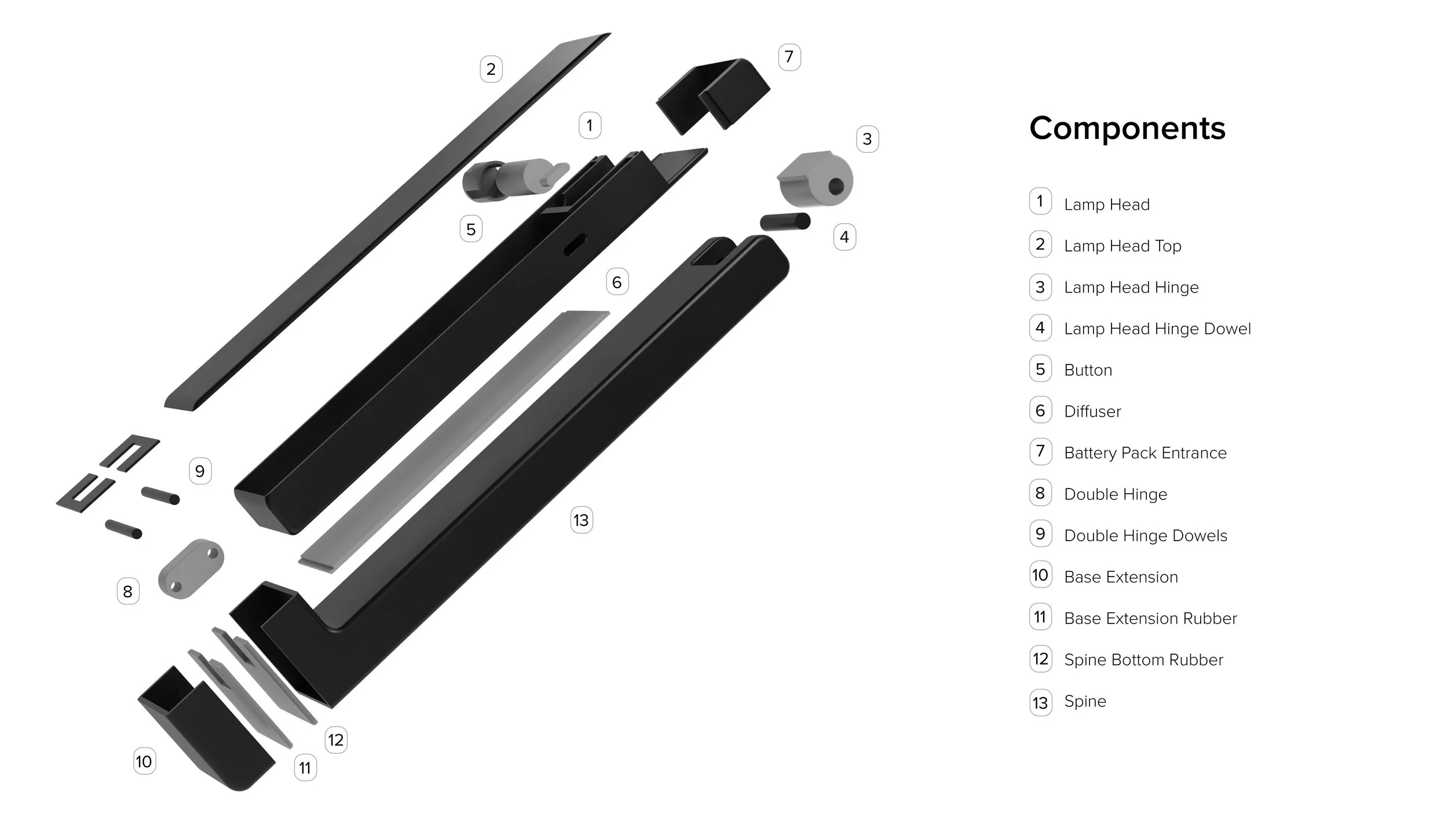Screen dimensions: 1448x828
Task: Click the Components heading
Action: [1127, 128]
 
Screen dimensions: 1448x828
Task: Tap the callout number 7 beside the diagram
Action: [789, 57]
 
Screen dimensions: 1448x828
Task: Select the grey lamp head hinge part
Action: [814, 180]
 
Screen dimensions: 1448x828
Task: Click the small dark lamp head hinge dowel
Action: [785, 221]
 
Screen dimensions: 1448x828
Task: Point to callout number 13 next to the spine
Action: [581, 520]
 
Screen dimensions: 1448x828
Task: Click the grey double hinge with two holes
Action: [191, 568]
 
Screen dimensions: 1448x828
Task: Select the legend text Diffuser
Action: [1092, 411]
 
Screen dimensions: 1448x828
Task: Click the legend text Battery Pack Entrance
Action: [1145, 453]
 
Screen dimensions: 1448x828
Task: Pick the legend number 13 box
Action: [1040, 702]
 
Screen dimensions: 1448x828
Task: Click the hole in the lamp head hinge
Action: [836, 187]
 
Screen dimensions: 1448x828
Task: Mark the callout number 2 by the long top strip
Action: [491, 69]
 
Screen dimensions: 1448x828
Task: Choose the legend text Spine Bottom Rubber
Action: [1143, 659]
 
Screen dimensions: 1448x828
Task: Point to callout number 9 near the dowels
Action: [200, 471]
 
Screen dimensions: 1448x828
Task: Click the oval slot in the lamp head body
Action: [575, 244]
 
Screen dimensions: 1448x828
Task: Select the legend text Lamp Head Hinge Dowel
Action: [1157, 329]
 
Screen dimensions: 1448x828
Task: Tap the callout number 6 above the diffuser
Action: [617, 282]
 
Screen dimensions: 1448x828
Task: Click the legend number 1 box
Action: [1040, 202]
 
